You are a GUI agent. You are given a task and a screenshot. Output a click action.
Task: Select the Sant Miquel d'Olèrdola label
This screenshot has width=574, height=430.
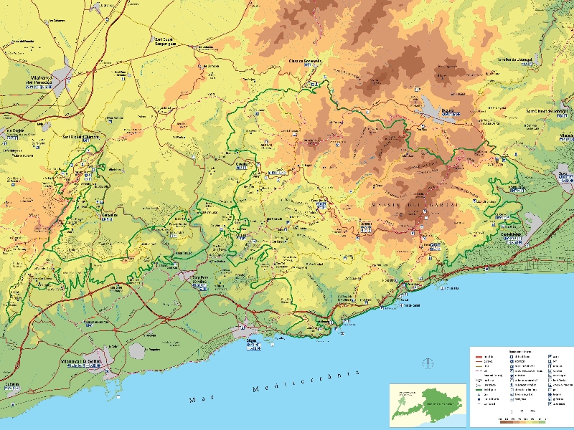(85, 136)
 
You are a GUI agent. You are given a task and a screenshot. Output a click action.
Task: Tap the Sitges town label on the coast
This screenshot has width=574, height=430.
(253, 343)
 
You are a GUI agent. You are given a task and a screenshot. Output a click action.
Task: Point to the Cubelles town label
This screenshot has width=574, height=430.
(12, 383)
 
